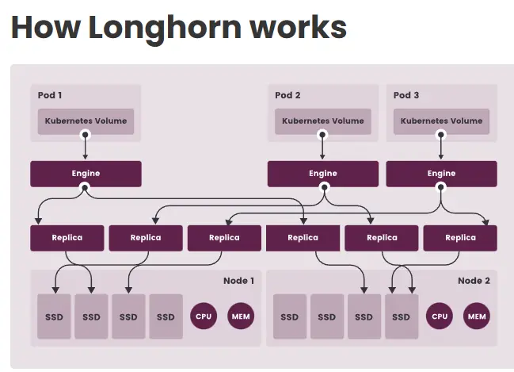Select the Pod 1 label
50,95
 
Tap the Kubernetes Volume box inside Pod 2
322,121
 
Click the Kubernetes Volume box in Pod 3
441,121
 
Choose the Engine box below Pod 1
86,174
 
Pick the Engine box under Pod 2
322,174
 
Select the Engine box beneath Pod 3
441,174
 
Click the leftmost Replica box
67,238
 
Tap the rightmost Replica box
460,238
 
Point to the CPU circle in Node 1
203,316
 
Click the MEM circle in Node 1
241,316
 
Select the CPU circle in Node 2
439,316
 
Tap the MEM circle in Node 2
477,316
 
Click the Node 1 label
238,281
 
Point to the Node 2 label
474,281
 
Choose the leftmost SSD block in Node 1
54,316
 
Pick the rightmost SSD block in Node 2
402,316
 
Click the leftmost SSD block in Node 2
289,316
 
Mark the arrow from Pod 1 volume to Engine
86,148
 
